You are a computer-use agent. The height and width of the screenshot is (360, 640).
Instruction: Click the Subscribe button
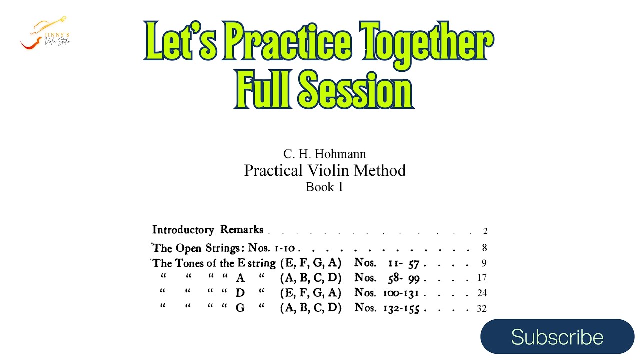pos(557,337)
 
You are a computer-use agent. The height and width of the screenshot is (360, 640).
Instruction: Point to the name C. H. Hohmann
pos(324,154)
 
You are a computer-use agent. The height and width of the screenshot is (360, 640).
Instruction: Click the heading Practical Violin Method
pos(324,171)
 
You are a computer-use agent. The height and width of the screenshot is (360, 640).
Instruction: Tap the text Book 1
pos(324,188)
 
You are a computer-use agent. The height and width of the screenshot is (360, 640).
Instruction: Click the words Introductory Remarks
pos(208,230)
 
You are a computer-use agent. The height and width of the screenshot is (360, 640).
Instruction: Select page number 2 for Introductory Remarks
pos(485,231)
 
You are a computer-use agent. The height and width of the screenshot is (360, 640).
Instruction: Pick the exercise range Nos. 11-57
pos(387,263)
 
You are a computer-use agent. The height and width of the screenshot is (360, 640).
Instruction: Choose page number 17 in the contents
pos(482,278)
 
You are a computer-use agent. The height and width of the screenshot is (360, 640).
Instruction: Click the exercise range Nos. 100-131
pos(387,293)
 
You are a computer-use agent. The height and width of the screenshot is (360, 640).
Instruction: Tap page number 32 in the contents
pos(482,309)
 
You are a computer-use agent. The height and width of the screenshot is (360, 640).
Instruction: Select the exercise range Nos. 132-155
pos(387,308)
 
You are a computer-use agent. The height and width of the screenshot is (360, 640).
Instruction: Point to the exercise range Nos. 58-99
pos(387,278)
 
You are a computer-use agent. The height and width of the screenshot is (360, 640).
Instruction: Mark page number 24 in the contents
pos(482,293)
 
